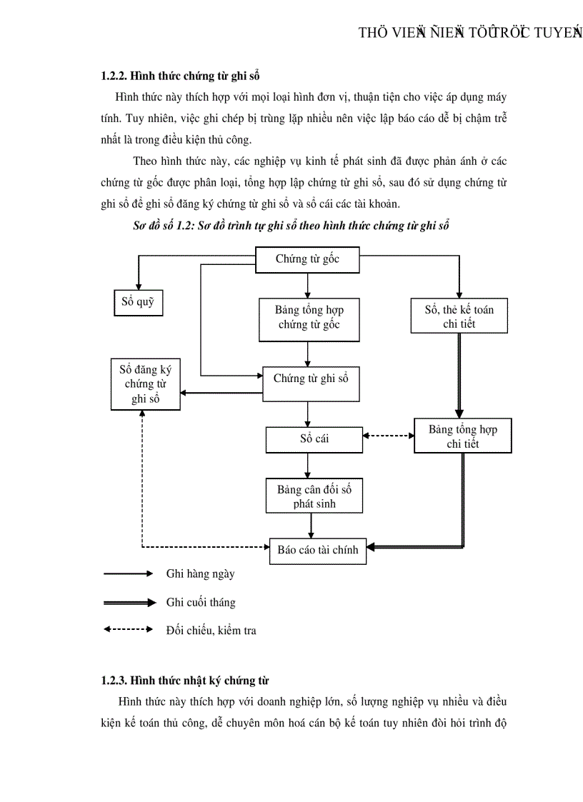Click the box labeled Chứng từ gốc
(x=307, y=259)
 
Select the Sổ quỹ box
(x=139, y=302)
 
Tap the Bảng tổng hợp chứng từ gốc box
(x=309, y=318)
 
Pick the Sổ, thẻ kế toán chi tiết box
(x=459, y=316)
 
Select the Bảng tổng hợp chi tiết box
(x=462, y=436)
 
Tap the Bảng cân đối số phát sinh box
(x=314, y=496)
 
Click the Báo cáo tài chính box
(x=317, y=550)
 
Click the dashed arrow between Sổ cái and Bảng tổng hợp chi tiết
(x=388, y=436)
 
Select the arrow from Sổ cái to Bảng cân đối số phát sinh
(x=308, y=465)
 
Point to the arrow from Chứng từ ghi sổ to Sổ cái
(x=308, y=413)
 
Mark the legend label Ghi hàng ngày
(x=200, y=573)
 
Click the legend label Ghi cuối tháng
(x=201, y=602)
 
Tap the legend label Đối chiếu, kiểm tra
(x=211, y=631)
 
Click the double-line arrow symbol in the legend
(x=129, y=603)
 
